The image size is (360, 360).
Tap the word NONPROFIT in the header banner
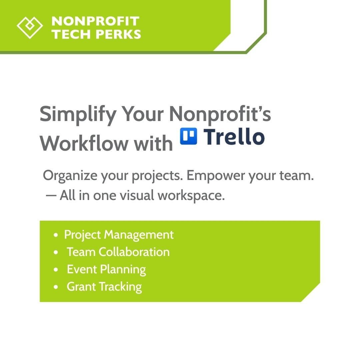point(95,21)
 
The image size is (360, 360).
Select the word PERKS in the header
point(119,34)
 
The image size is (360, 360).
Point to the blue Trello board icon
point(188,137)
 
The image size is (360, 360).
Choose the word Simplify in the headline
point(78,114)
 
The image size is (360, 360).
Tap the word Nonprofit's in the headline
point(220,114)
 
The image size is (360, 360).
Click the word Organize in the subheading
point(69,176)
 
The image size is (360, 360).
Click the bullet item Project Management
point(119,235)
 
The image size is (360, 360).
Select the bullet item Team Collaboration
point(118,252)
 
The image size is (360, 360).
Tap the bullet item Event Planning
point(106,269)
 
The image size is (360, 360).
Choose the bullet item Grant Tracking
point(104,287)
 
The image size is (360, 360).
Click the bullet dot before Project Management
point(56,235)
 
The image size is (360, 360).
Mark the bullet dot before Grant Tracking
point(56,287)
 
